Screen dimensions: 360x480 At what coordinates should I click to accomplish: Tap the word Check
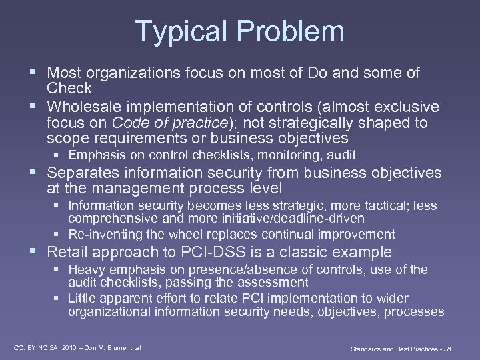[x=69, y=89]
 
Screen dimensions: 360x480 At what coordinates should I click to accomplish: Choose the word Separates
[x=83, y=173]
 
